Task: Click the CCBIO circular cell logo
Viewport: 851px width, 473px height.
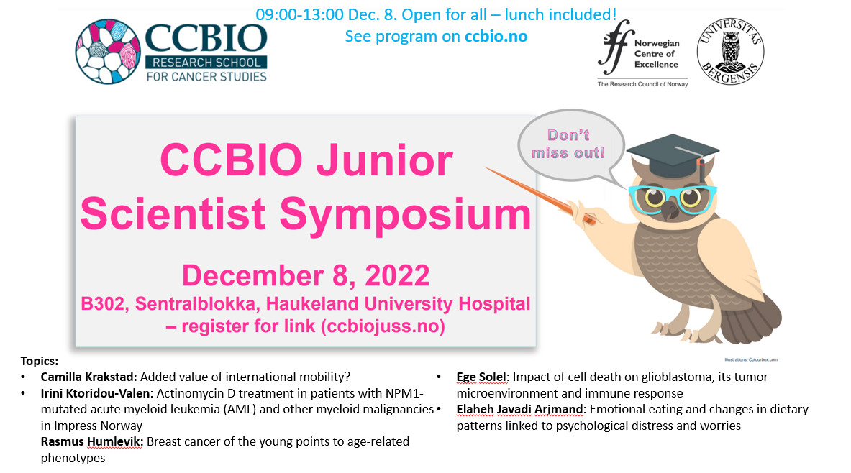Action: pyautogui.click(x=107, y=52)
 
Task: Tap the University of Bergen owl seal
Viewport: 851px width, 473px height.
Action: pyautogui.click(x=730, y=52)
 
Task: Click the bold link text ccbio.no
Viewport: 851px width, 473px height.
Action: pyautogui.click(x=496, y=37)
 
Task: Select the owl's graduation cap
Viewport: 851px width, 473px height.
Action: pyautogui.click(x=673, y=154)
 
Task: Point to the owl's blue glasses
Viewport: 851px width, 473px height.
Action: pyautogui.click(x=673, y=198)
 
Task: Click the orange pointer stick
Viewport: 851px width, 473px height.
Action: pyautogui.click(x=540, y=195)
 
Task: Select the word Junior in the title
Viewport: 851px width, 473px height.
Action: pyautogui.click(x=384, y=161)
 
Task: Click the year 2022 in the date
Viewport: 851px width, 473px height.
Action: pyautogui.click(x=397, y=275)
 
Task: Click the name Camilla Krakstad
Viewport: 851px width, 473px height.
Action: pyautogui.click(x=89, y=377)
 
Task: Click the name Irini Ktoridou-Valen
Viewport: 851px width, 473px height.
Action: pyautogui.click(x=96, y=392)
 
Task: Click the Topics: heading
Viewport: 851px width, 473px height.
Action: pyautogui.click(x=39, y=361)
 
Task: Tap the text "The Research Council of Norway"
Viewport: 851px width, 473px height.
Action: pyautogui.click(x=642, y=84)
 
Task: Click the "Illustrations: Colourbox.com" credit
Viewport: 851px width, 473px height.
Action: pyautogui.click(x=751, y=359)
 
